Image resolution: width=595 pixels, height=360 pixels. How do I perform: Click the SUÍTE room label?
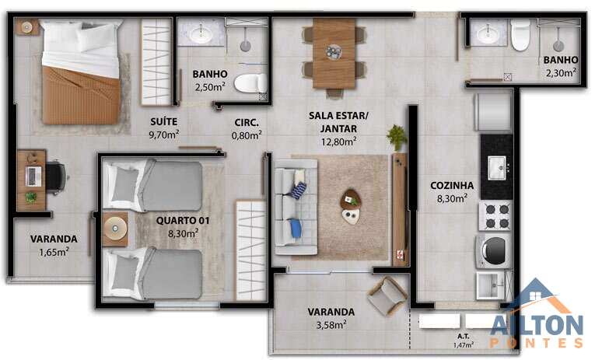(163, 121)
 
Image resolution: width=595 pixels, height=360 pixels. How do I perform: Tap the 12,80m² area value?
(338, 141)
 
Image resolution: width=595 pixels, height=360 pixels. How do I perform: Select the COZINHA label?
(452, 186)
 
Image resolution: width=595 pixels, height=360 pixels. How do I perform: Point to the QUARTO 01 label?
(183, 220)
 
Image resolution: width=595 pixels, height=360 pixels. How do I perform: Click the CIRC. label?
(247, 123)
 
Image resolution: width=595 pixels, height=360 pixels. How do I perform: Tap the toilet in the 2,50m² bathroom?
(250, 83)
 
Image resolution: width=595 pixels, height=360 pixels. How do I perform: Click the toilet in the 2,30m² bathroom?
(520, 35)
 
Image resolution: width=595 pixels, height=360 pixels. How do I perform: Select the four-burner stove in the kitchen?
(496, 215)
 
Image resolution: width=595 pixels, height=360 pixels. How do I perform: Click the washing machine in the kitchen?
(494, 250)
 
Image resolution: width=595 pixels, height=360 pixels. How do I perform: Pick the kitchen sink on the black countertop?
(497, 168)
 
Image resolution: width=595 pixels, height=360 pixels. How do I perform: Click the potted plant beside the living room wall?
(396, 137)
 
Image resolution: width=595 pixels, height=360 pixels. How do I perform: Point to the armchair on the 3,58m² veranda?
(387, 296)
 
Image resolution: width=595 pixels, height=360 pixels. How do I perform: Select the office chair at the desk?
(56, 177)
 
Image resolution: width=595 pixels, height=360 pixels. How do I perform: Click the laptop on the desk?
(33, 177)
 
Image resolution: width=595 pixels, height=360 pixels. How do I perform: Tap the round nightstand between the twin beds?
(115, 229)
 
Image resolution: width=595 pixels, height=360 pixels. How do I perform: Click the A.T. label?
(463, 336)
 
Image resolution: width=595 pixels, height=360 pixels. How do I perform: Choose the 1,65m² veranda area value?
(54, 252)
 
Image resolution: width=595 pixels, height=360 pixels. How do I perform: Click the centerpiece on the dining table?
(334, 52)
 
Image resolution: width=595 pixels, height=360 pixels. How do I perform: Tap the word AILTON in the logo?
(537, 326)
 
